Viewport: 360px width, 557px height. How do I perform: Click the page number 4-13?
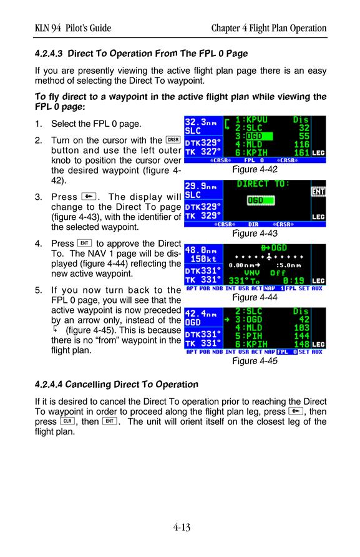(182, 527)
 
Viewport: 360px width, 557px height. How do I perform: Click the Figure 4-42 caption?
(255, 169)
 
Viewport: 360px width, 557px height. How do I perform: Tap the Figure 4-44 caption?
(255, 297)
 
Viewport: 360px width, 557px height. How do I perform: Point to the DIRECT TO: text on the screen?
(263, 184)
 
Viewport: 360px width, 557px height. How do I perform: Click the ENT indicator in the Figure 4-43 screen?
(318, 192)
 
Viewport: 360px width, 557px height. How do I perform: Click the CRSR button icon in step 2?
(173, 140)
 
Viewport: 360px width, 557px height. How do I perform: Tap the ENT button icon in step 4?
(84, 244)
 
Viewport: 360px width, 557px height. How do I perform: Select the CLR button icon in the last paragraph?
(67, 421)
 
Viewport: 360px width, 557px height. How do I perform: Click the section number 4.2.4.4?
(49, 385)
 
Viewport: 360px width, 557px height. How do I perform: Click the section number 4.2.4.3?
(49, 54)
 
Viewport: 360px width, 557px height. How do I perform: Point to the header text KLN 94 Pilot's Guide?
(73, 28)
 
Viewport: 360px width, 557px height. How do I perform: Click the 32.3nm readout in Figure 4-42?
(201, 122)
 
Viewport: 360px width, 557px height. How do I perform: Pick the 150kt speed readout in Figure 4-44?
(203, 259)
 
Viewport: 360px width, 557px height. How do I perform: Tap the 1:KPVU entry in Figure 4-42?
(251, 120)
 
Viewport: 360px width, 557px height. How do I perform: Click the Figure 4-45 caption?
(255, 361)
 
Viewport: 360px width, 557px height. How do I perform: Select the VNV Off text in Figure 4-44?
(265, 273)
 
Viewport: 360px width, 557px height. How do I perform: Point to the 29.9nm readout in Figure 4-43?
(201, 186)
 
